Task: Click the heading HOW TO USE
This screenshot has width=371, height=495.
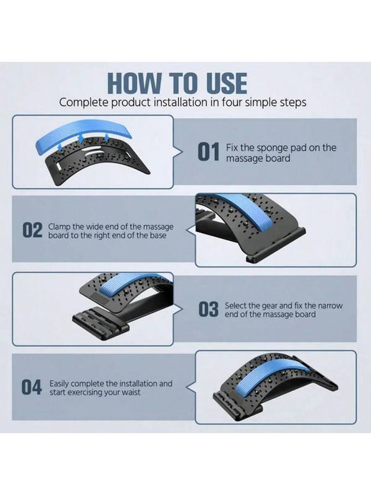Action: point(185,83)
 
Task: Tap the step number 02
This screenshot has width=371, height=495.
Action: point(33,231)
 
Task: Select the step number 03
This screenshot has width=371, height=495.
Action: point(208,309)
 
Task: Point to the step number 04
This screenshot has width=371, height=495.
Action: point(32,387)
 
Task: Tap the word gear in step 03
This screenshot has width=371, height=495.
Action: point(270,305)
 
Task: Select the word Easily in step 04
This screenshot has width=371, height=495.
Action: point(62,383)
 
